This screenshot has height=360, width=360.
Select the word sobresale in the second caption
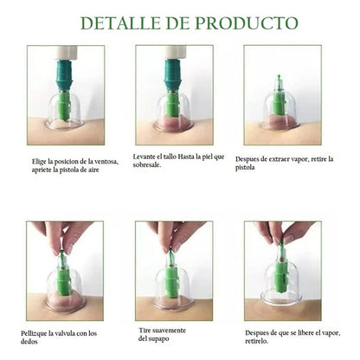click(x=146, y=165)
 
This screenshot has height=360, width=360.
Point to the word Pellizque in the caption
click(x=33, y=334)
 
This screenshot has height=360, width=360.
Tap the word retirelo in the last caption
click(x=256, y=341)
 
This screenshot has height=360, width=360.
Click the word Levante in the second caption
click(x=144, y=157)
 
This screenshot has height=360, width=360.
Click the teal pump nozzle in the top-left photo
click(x=66, y=75)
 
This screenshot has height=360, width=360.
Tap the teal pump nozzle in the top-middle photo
click(x=173, y=75)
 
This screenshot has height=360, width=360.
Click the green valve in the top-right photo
click(x=279, y=97)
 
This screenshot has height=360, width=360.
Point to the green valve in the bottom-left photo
click(x=64, y=278)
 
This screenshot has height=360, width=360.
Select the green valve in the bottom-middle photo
click(x=172, y=277)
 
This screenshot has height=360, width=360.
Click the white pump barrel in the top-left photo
click(x=67, y=53)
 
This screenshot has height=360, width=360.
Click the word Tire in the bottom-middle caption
click(x=144, y=331)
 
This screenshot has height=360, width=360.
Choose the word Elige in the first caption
click(x=38, y=162)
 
